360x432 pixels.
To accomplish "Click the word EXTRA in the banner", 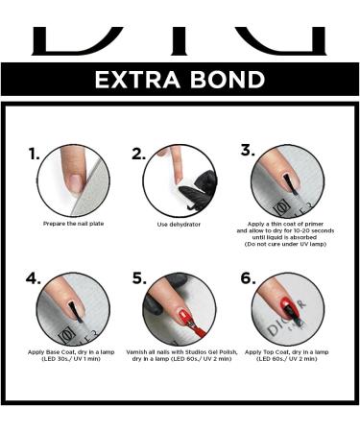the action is pos(137,80).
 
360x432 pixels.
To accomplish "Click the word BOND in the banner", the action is pos(228,80).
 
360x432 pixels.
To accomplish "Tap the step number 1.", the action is pos(34,154).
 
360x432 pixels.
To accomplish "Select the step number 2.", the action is pos(138,154).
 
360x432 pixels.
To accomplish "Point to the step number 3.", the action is pos(248,150).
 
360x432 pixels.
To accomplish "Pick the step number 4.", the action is pos(34,278).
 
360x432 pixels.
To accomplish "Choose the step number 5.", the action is pos(139,278).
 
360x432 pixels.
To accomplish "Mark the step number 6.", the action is pos(248,278).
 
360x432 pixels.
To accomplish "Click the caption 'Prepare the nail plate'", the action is pos(74,224).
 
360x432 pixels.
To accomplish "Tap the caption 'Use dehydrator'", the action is pos(179,225).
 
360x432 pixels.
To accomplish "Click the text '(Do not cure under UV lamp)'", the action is pos(285,244).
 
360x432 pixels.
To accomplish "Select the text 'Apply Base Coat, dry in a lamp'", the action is pos(71,352).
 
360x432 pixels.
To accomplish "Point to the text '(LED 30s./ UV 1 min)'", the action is pos(71,359).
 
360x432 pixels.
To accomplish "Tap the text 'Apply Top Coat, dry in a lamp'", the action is pos(287,352).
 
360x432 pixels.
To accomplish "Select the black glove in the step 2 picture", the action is pos(200,190).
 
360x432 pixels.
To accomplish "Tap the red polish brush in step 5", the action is pos(195,326).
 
